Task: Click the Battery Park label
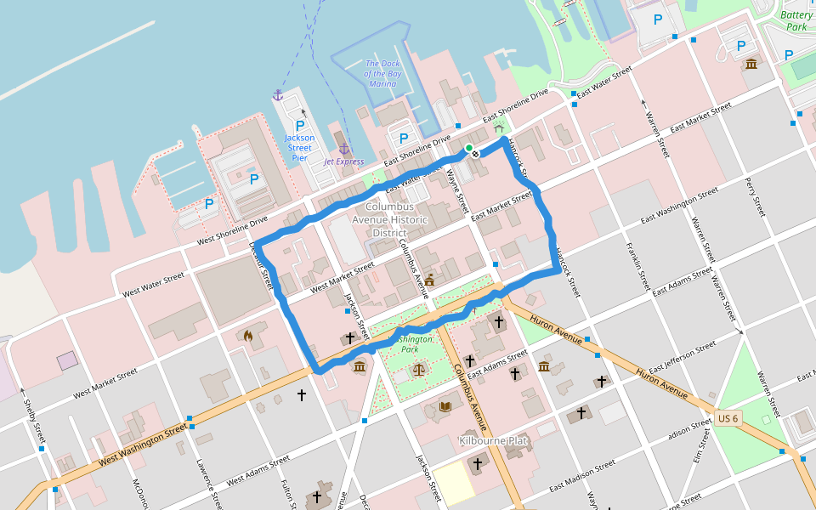coord(796,20)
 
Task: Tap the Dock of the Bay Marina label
coord(382,73)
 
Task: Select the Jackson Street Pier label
coord(299,148)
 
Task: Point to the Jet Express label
coord(343,161)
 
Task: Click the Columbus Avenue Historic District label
coord(390,219)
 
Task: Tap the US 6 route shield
coord(728,418)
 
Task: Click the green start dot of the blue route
coord(468,148)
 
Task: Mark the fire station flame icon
coord(247,337)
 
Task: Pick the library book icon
coord(445,407)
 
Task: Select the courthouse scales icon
coord(418,369)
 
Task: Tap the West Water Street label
coord(153,284)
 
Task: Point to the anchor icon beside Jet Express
coord(344,149)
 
